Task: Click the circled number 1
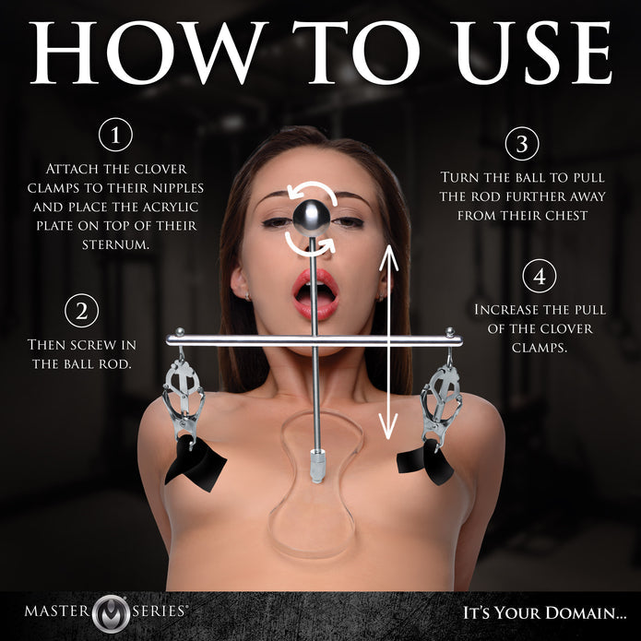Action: pos(115,136)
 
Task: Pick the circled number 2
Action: pos(82,311)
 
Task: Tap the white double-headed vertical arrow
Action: pos(389,341)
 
